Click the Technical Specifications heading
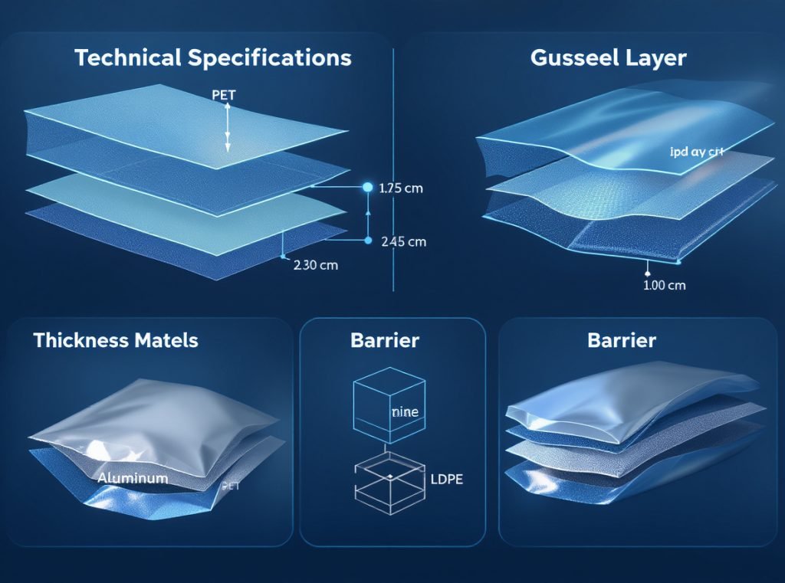click(213, 58)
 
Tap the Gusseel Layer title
click(608, 58)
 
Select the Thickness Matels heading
click(116, 340)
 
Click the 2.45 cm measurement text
click(403, 241)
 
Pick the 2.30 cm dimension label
click(315, 266)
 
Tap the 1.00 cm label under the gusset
click(663, 285)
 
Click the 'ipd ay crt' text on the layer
click(696, 152)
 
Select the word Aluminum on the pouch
click(133, 478)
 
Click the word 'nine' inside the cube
click(405, 412)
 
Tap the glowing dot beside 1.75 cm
click(366, 187)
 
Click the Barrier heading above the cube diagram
click(385, 340)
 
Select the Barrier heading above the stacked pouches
click(622, 340)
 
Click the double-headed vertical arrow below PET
click(228, 128)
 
